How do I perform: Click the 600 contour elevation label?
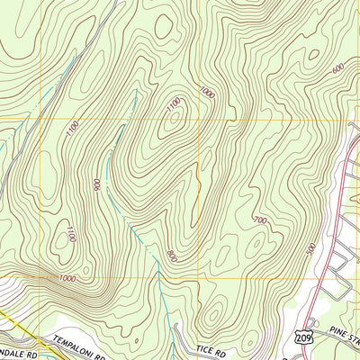[x=337, y=69]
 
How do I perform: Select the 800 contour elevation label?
[x=171, y=256]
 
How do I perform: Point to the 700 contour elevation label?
[x=260, y=220]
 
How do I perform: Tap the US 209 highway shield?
[x=301, y=334]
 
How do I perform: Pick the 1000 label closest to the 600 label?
[x=209, y=92]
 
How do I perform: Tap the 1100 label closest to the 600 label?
[x=174, y=105]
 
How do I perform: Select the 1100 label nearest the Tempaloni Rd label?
[x=71, y=235]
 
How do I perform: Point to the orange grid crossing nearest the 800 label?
[x=200, y=277]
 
